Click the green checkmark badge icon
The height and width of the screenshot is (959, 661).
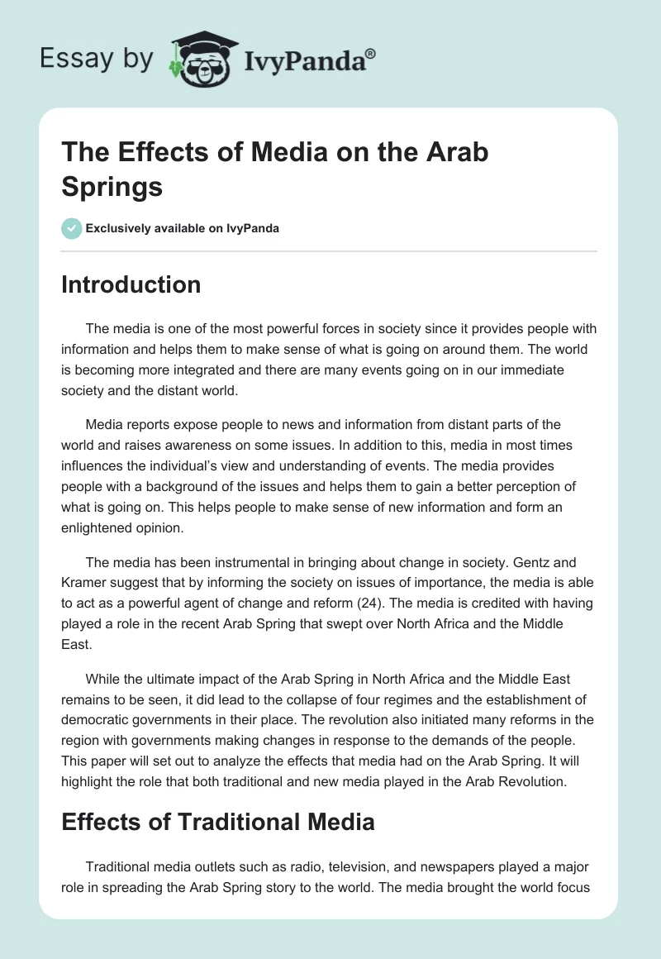pyautogui.click(x=72, y=228)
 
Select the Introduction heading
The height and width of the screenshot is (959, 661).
pyautogui.click(x=131, y=284)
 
